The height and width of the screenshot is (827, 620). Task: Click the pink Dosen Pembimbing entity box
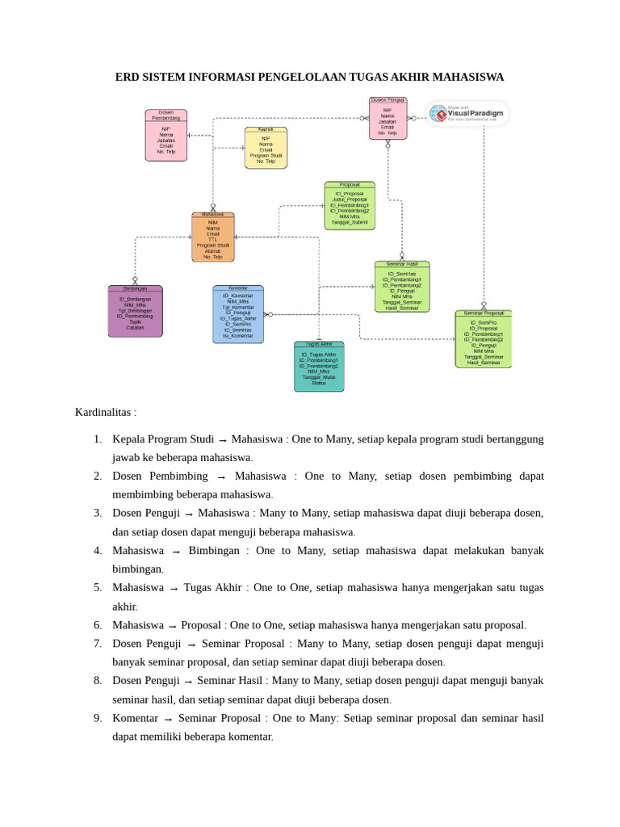point(166,135)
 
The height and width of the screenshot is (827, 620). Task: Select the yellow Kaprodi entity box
point(266,147)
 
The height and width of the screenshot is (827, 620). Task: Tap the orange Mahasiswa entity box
point(213,237)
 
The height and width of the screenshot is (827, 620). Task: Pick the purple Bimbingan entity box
point(135,311)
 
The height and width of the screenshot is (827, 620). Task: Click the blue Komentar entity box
point(238,314)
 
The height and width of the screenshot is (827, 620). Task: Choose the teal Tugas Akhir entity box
point(319,366)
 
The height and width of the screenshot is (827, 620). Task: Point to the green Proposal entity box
point(350,205)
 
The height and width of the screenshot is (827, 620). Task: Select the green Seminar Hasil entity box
point(402,287)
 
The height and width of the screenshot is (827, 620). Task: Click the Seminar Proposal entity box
point(484,338)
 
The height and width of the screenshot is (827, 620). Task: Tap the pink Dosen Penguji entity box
point(387,119)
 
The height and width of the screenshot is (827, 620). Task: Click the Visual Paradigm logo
point(467,114)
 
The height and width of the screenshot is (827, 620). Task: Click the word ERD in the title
point(128,78)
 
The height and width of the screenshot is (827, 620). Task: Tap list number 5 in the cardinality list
point(97,588)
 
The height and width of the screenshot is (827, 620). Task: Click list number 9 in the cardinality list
point(97,718)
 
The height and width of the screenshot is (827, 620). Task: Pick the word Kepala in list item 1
point(128,439)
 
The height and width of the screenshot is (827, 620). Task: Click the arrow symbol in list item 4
point(174,552)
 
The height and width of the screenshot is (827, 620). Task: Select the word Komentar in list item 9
point(135,718)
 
